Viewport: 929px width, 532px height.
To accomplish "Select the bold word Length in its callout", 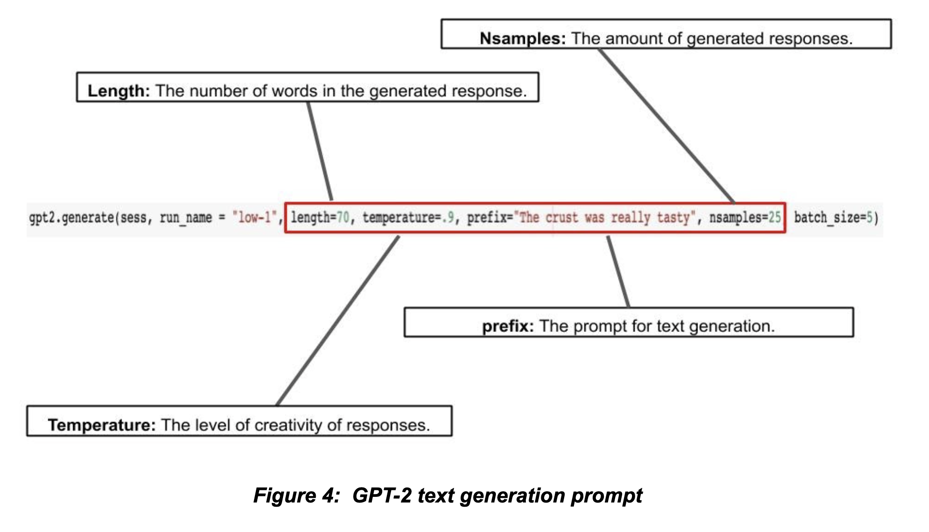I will tap(118, 91).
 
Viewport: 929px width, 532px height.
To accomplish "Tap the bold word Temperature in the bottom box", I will tap(102, 425).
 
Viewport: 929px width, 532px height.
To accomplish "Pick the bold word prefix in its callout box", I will tap(508, 326).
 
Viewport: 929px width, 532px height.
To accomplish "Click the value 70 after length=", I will tap(343, 218).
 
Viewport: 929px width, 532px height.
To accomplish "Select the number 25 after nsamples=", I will tap(775, 218).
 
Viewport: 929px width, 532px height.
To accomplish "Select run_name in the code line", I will tap(186, 218).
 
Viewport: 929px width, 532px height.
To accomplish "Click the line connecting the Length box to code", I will tap(320, 151).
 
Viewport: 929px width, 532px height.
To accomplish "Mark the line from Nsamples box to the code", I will tap(666, 126).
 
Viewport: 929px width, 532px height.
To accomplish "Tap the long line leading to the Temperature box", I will tap(338, 321).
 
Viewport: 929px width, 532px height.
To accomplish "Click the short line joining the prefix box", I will tap(618, 272).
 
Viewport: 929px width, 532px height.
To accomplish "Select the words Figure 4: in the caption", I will tap(296, 495).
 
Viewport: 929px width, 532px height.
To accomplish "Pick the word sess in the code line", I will tap(133, 218).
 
